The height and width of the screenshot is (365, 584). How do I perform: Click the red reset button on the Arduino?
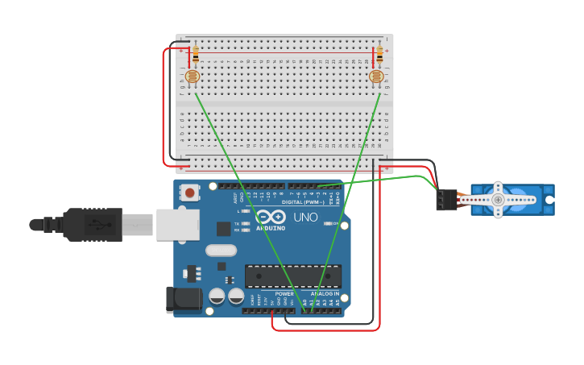click(189, 193)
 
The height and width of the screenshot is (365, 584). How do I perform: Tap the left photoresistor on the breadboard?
click(192, 77)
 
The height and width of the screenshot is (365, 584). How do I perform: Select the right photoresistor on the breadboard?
click(375, 77)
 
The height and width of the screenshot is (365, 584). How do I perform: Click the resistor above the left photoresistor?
click(195, 55)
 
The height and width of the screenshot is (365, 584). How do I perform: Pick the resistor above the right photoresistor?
click(379, 55)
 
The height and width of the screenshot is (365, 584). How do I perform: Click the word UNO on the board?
click(305, 218)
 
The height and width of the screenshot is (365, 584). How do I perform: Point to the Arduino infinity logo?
click(272, 216)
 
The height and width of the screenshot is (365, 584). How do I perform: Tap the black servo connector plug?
click(446, 199)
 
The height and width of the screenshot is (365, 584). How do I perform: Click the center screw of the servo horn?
click(498, 199)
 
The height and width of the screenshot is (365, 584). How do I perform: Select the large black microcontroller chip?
click(292, 276)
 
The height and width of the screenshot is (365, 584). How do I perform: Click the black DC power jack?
click(183, 299)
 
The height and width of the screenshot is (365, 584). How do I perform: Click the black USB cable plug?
click(93, 225)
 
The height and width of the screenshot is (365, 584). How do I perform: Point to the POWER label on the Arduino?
click(284, 294)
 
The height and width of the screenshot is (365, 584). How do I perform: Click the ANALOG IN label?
click(325, 294)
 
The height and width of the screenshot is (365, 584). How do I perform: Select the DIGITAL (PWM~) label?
click(304, 202)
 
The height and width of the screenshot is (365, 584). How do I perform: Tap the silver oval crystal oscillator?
click(221, 250)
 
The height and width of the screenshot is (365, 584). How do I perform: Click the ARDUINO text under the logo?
click(271, 228)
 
